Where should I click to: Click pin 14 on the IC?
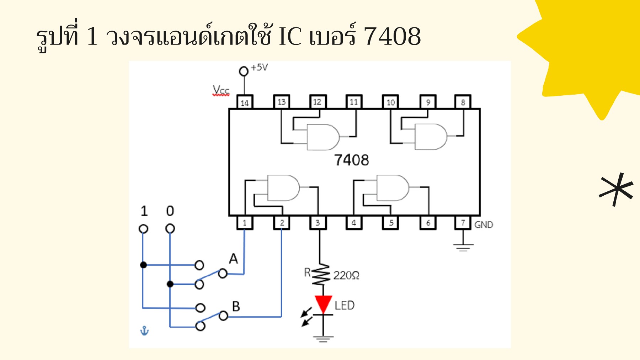coord(245,102)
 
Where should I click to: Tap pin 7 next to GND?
coord(463,223)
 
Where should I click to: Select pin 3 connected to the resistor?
coord(318,223)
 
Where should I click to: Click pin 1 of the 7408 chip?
coord(245,223)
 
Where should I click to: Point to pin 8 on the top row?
coord(463,102)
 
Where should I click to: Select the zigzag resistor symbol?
coord(321,275)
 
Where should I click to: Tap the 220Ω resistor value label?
coord(346,275)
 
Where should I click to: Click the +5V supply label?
coord(259,67)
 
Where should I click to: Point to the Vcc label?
coord(221,90)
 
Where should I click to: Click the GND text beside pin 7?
coord(484,225)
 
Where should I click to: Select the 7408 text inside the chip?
coord(351,160)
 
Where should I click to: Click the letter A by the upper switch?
coord(233,259)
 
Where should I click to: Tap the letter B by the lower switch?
coord(236,306)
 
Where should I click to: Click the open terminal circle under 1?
coord(143,228)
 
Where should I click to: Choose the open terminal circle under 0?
coord(170,228)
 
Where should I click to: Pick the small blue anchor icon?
coord(144,331)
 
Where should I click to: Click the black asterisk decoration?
coord(616,189)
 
